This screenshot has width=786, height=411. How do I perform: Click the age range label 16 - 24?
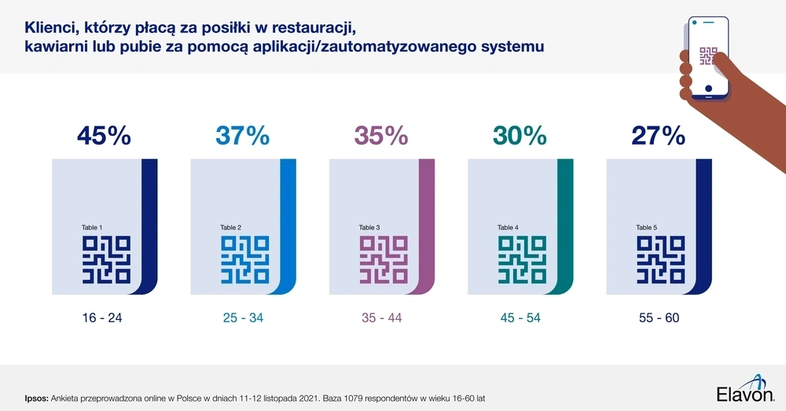[103, 318]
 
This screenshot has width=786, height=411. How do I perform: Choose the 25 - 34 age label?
[241, 318]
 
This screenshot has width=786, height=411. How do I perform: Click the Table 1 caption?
[92, 228]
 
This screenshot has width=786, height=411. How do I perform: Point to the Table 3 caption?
[369, 228]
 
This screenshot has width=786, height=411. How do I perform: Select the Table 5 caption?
[647, 228]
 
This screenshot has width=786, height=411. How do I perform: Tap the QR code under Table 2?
[244, 260]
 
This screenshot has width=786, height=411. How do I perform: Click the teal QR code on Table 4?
[522, 260]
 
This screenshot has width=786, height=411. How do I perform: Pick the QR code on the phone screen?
[710, 58]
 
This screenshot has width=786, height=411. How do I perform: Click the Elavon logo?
[745, 391]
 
